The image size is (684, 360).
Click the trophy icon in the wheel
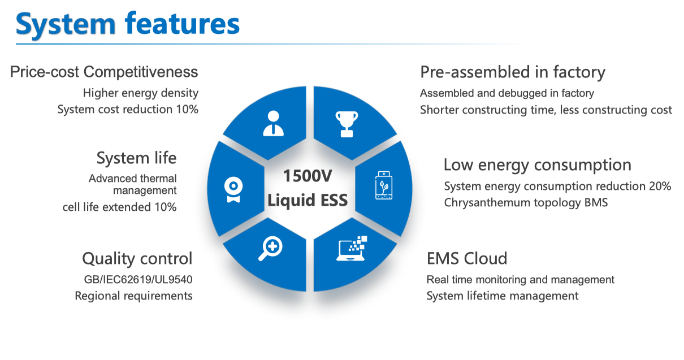point(347,124)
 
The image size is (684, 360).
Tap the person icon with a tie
point(273,123)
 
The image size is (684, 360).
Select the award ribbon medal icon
point(233,189)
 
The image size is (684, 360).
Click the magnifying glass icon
point(271,249)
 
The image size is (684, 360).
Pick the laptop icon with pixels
point(352,249)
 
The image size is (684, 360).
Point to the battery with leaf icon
point(384,185)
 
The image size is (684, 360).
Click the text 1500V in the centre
point(307,176)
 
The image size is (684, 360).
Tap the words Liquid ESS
point(308,201)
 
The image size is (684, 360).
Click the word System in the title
point(66,25)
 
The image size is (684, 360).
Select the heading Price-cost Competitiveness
point(104,72)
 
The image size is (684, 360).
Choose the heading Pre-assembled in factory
point(513,72)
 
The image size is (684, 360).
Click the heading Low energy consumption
point(538,165)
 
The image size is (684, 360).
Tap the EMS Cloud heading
point(467,258)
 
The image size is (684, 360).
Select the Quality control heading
point(137,259)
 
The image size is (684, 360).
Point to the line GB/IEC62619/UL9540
point(138,279)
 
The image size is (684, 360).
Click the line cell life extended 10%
point(119,207)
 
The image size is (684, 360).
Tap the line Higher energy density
point(140,93)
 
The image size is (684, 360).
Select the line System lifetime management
point(503,296)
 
